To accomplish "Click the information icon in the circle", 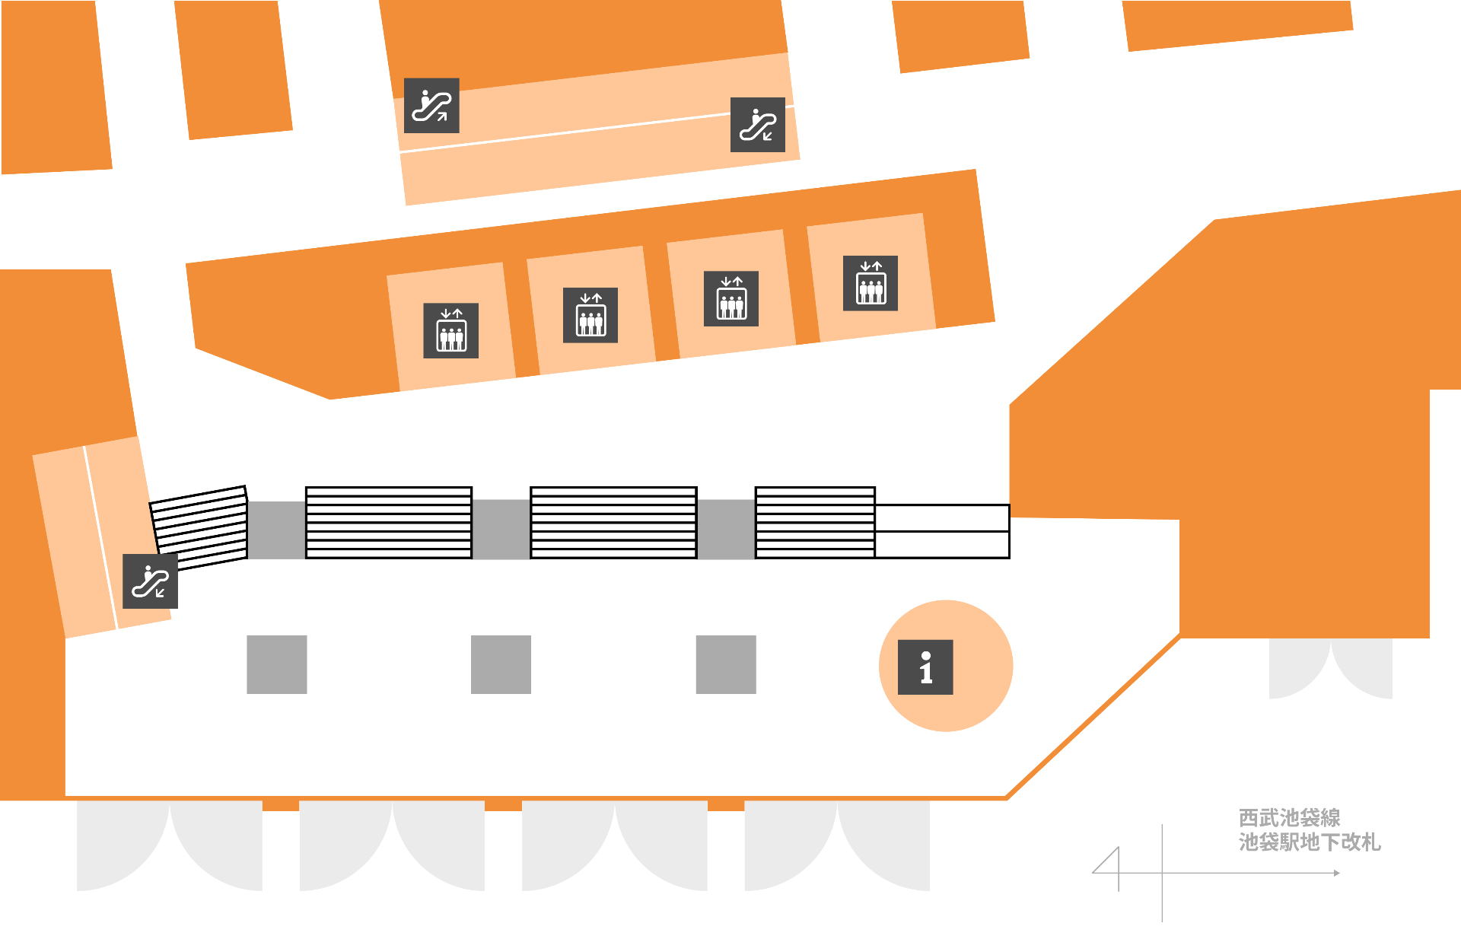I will tap(925, 667).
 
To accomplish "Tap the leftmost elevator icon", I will tap(450, 331).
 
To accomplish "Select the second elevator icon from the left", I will tap(590, 315).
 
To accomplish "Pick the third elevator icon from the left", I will tap(731, 299).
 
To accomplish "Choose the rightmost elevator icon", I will tap(871, 283).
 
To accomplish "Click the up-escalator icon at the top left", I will tap(431, 106).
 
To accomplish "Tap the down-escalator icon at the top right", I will tap(758, 125).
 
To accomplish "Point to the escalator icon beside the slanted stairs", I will tap(150, 581).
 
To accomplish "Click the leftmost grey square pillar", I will tap(277, 664).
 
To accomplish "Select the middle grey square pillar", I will tap(501, 664).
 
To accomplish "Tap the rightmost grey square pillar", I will tap(726, 664).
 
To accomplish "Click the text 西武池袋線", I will tap(1289, 818).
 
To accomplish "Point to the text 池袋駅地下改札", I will tap(1309, 842).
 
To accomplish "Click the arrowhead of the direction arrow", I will tap(1336, 873).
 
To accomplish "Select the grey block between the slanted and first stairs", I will tap(276, 530).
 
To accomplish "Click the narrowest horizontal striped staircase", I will tap(815, 523).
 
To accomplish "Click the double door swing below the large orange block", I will tap(1330, 668).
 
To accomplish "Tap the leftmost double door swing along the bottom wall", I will tap(170, 845).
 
